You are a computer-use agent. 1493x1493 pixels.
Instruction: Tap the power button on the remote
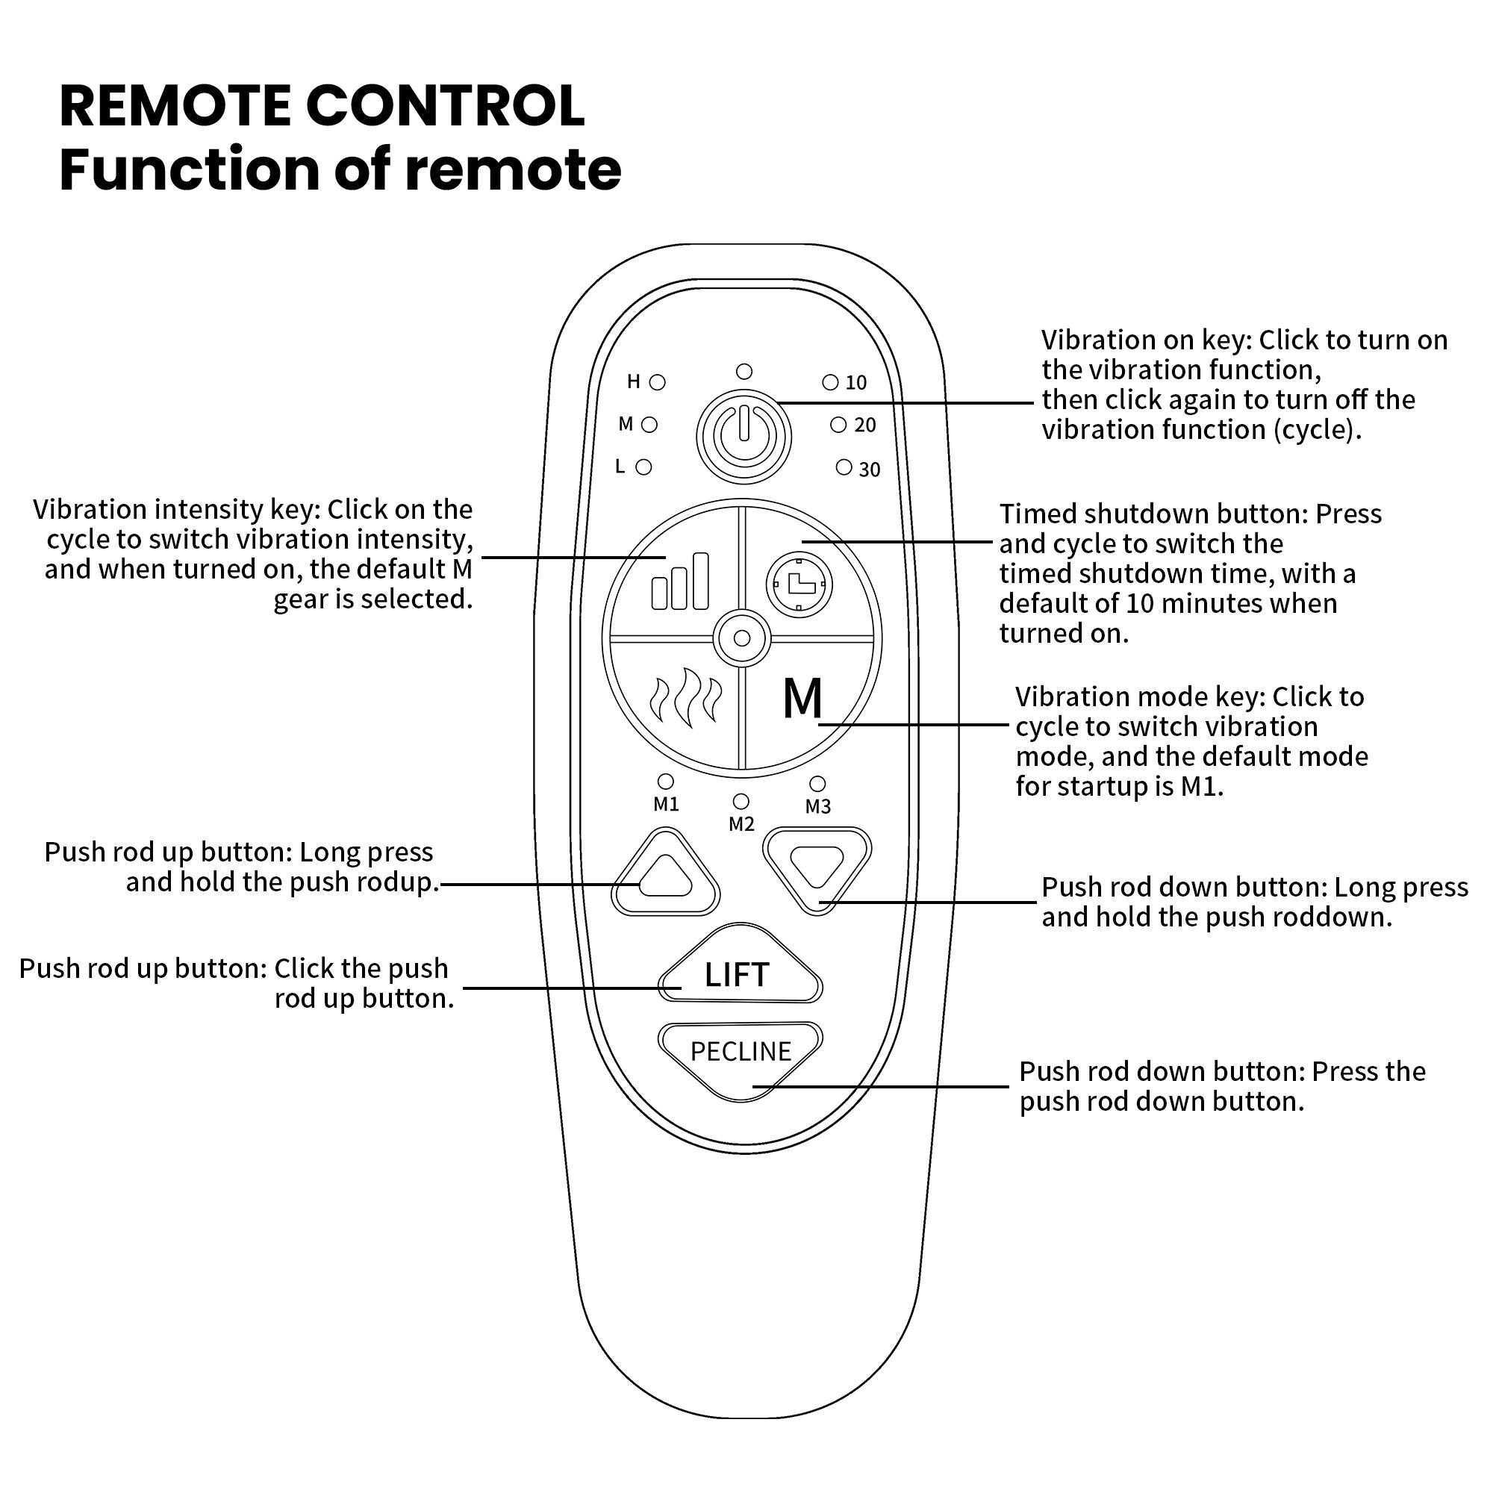(x=744, y=437)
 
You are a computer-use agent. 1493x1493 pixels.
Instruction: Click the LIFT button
(x=738, y=975)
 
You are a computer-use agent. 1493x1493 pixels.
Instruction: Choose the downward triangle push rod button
(x=817, y=866)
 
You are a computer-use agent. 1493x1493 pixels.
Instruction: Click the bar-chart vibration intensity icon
(x=680, y=583)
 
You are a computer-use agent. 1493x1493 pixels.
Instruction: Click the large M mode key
(x=802, y=699)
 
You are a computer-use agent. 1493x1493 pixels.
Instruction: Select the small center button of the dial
(x=742, y=638)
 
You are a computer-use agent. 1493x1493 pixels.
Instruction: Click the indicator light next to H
(x=658, y=381)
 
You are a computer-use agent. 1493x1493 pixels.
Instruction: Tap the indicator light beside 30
(x=844, y=467)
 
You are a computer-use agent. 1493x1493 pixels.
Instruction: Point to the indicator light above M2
(x=741, y=800)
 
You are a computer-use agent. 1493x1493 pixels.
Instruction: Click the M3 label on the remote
(x=817, y=807)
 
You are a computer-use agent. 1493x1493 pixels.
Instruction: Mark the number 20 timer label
(x=864, y=425)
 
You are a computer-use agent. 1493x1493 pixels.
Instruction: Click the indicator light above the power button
(x=744, y=372)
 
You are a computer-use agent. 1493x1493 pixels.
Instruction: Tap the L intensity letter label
(x=620, y=467)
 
